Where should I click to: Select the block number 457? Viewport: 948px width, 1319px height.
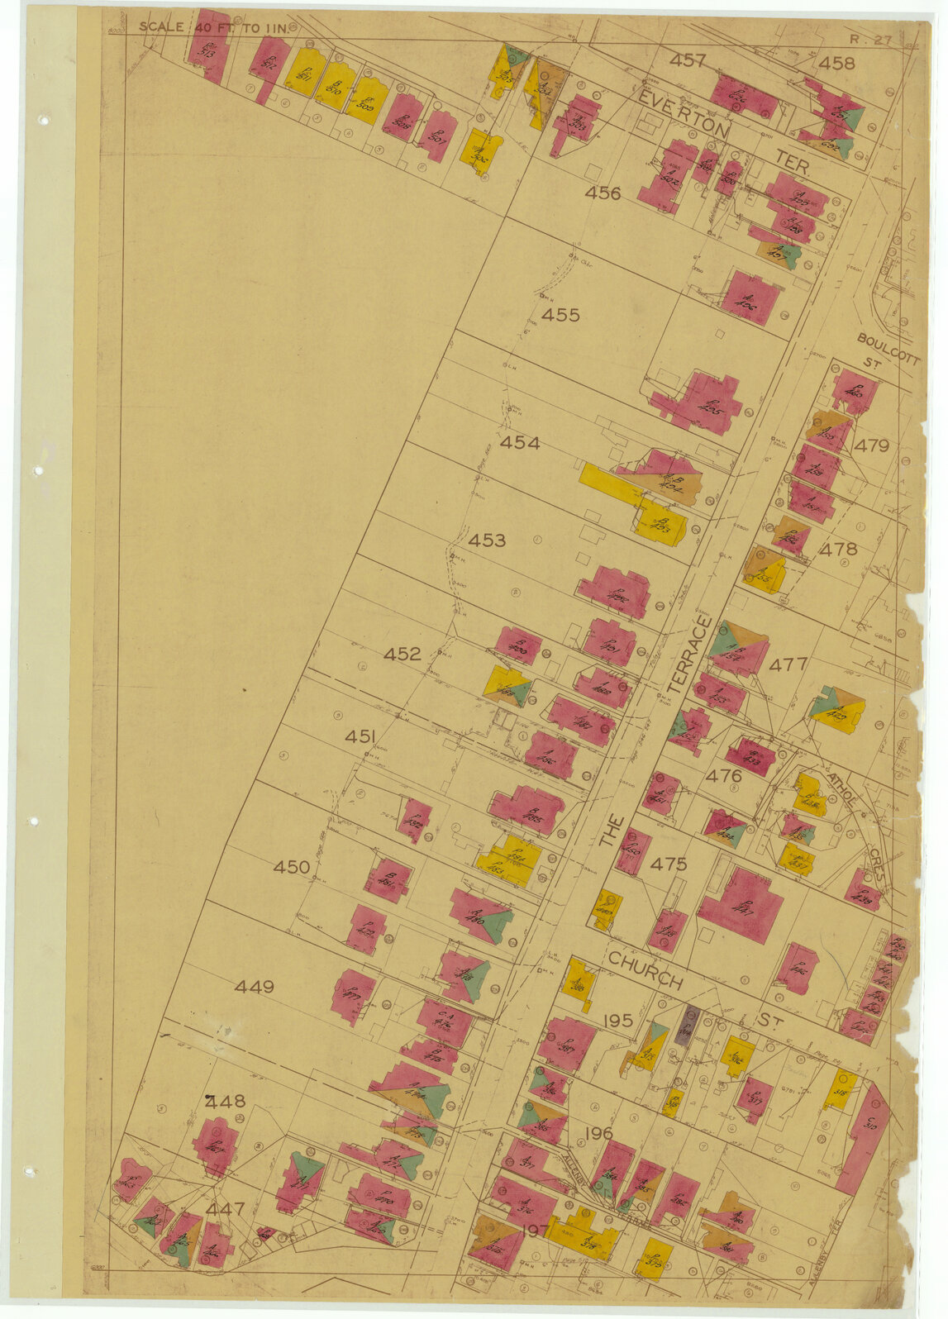[x=688, y=60]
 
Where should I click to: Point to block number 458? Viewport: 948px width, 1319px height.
[x=836, y=63]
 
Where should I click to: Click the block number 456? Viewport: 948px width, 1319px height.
[x=603, y=193]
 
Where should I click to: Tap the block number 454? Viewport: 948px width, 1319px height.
[x=520, y=444]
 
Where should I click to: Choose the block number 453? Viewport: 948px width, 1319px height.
[x=487, y=540]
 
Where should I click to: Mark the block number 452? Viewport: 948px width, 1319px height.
[x=403, y=655]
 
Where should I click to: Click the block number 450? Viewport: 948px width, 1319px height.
[x=292, y=867]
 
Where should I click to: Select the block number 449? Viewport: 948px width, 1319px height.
[x=254, y=987]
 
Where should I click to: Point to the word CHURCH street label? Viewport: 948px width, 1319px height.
[x=646, y=969]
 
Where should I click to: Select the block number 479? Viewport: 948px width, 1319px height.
[x=871, y=446]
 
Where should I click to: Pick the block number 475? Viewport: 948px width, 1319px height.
[x=668, y=864]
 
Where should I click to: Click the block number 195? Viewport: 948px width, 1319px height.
[x=617, y=1021]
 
